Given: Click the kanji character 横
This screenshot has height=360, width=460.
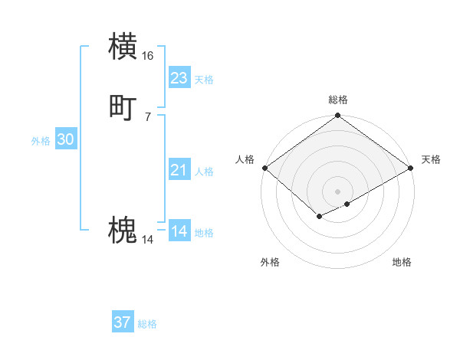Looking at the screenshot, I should click(x=123, y=46).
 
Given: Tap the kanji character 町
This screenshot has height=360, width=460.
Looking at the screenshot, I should click(x=123, y=107).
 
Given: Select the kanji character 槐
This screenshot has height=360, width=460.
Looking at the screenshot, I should click(x=123, y=231).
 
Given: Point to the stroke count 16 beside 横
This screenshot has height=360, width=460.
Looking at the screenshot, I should click(x=148, y=56).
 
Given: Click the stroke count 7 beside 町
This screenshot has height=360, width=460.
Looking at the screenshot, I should click(x=148, y=116).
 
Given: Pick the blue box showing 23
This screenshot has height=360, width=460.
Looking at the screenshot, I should click(x=179, y=77).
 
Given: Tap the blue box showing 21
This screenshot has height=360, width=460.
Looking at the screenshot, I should click(x=179, y=170).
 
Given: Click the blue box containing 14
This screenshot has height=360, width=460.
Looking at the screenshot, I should click(x=179, y=231).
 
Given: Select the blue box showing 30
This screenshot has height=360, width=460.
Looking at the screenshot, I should click(x=66, y=139).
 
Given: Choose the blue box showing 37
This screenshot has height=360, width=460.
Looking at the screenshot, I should click(x=123, y=322).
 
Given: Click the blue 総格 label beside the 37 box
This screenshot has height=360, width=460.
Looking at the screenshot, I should click(x=148, y=325).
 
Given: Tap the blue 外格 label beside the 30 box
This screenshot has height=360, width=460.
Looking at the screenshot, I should click(x=41, y=141).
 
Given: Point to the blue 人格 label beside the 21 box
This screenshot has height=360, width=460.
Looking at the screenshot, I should click(x=205, y=172).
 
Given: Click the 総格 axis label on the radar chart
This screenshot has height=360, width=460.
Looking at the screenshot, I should click(x=338, y=100).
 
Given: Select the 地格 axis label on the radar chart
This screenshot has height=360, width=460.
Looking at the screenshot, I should click(x=402, y=262).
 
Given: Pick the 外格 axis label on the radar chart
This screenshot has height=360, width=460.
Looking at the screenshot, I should click(x=270, y=262).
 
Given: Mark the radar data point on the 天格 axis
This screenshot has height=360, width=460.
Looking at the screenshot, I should click(x=412, y=169).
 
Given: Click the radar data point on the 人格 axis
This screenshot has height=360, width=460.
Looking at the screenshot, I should click(x=264, y=169).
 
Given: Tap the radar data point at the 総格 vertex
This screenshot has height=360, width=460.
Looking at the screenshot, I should click(x=338, y=116).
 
